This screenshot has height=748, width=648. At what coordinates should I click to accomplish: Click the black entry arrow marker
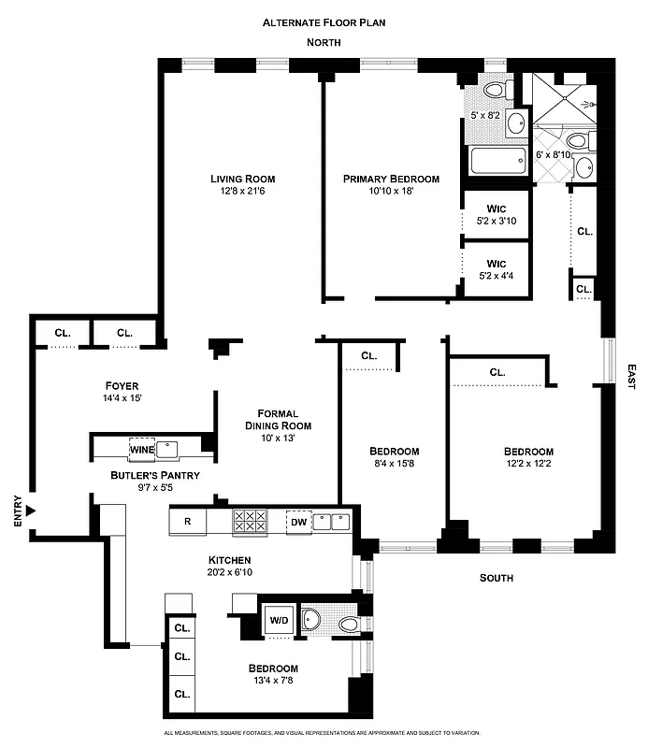pos(32,511)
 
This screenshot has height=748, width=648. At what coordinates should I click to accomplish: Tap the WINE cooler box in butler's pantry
pos(142,449)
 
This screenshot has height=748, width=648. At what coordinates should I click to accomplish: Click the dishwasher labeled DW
pos(298,522)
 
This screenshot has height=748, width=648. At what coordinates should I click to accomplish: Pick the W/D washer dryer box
pos(279,619)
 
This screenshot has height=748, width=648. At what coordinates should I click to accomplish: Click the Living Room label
pos(242,179)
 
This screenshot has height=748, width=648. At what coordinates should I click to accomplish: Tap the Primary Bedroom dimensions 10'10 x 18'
pos(390,192)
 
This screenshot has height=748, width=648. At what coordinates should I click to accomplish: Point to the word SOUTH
pos(496,578)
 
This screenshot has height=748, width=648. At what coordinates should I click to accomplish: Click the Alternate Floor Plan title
pos(324,21)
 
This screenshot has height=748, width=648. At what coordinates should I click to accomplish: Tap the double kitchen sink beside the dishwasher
pos(332,521)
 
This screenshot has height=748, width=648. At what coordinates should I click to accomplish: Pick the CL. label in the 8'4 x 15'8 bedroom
pos(368,355)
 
